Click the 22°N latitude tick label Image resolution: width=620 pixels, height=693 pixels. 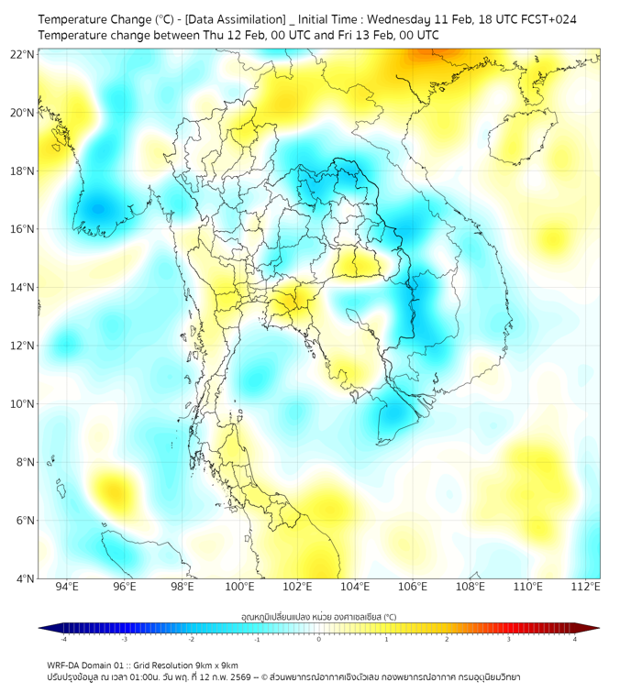[23, 54]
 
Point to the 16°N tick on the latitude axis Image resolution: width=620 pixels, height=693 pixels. [23, 229]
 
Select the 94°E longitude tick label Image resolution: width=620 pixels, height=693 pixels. [67, 587]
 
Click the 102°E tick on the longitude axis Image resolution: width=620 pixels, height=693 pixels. [298, 587]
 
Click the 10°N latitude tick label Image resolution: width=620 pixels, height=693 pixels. [23, 404]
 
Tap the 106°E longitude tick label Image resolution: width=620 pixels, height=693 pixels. [414, 587]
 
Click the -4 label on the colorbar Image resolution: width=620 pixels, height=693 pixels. [63, 639]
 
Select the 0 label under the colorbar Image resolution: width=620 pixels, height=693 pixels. [319, 639]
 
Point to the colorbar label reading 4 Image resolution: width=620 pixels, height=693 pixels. [574, 639]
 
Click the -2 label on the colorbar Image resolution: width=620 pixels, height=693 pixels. [191, 639]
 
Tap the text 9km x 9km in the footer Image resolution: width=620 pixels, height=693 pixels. [216, 665]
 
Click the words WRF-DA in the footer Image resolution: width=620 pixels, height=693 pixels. [63, 665]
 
